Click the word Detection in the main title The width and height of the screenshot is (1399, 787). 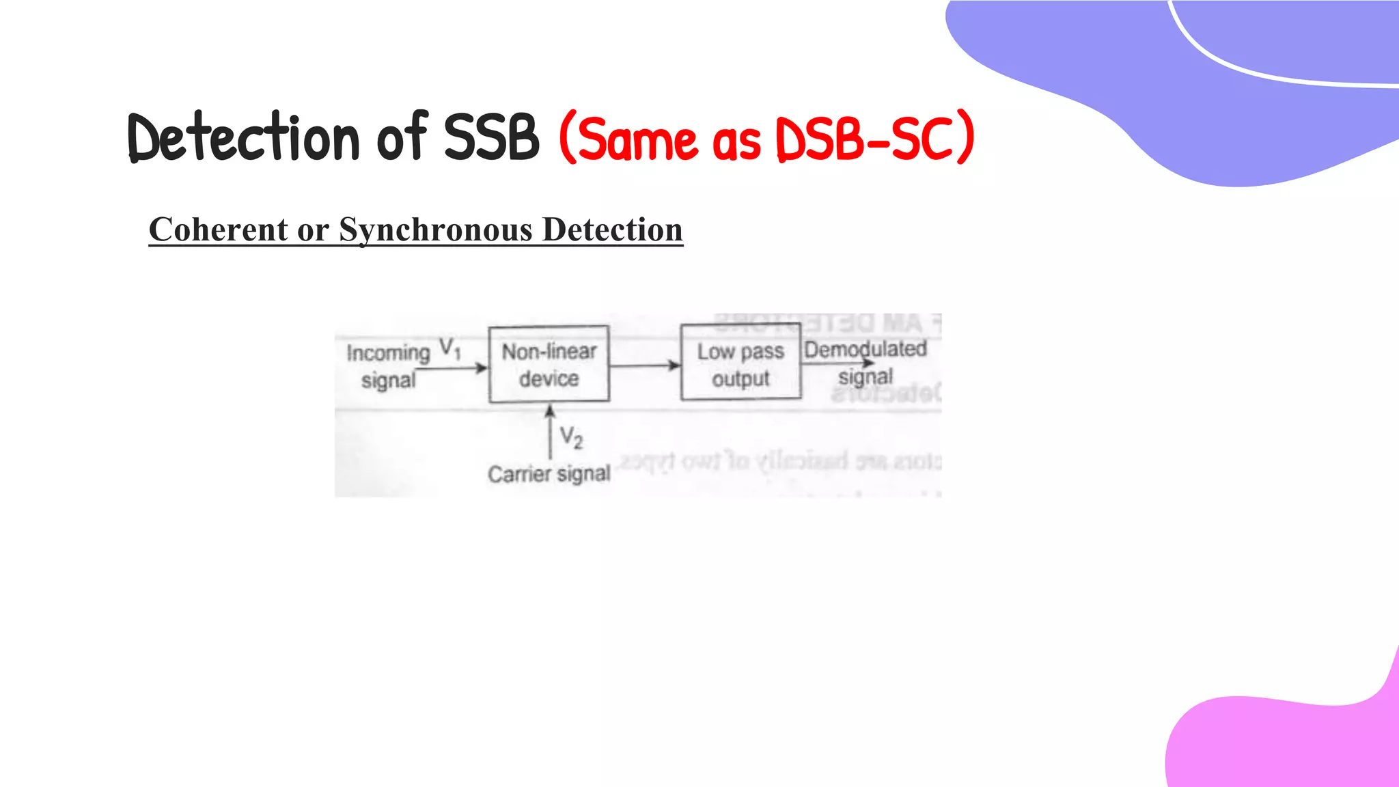tap(243, 138)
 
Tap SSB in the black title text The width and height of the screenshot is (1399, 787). tap(491, 138)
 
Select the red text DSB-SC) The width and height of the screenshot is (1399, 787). tap(874, 139)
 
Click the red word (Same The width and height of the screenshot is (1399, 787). tap(628, 139)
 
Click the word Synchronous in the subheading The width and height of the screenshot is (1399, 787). tap(435, 230)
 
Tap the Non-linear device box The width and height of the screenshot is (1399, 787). tap(549, 364)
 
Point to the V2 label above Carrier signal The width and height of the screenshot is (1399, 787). tap(571, 437)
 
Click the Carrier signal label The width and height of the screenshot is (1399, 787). tap(549, 473)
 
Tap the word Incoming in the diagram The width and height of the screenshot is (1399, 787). tap(388, 353)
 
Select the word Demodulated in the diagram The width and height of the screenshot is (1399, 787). tap(865, 349)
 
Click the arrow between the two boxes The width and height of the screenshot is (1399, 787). tap(644, 365)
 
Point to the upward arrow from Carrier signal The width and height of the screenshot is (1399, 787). tap(550, 430)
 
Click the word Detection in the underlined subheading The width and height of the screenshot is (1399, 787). tap(612, 230)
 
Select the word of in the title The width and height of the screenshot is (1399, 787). tap(402, 138)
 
